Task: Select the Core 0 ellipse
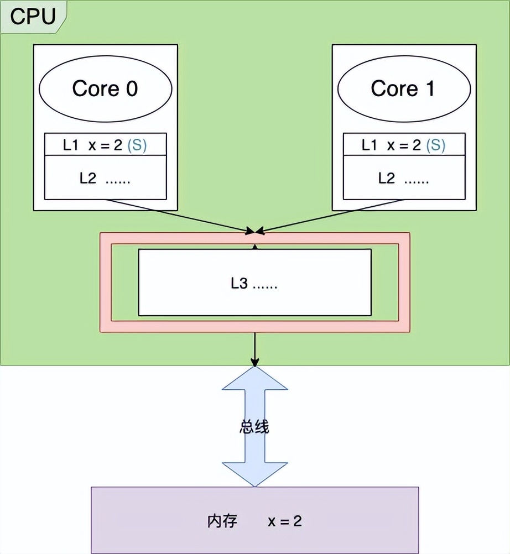(x=105, y=88)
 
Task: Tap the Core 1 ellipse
(x=403, y=88)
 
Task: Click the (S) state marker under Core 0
(x=137, y=145)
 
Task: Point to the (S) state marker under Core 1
(x=436, y=145)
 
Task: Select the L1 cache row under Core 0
(x=105, y=145)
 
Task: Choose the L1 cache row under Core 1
(x=403, y=145)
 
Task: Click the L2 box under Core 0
(x=105, y=178)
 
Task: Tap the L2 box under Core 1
(x=403, y=178)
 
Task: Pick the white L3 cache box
(x=254, y=282)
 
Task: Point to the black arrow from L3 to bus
(x=254, y=348)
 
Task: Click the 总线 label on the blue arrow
(x=254, y=427)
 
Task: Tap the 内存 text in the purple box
(x=222, y=521)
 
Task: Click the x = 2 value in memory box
(x=285, y=521)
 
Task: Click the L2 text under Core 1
(x=387, y=178)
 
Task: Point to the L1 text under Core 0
(x=70, y=145)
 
